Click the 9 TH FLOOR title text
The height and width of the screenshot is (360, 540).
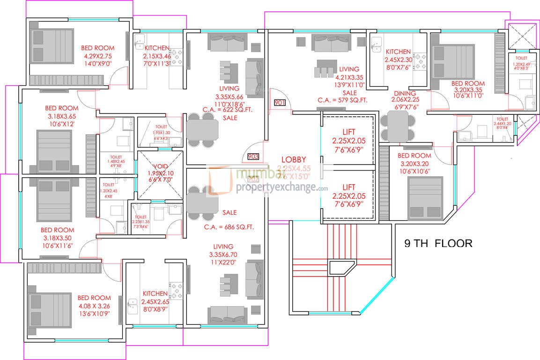click(x=438, y=243)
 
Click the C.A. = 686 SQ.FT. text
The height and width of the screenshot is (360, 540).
click(x=229, y=227)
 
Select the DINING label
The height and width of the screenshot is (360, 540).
click(x=405, y=93)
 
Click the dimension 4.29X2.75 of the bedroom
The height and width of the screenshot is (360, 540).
click(x=97, y=56)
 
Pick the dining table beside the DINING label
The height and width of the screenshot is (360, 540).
click(x=398, y=127)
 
